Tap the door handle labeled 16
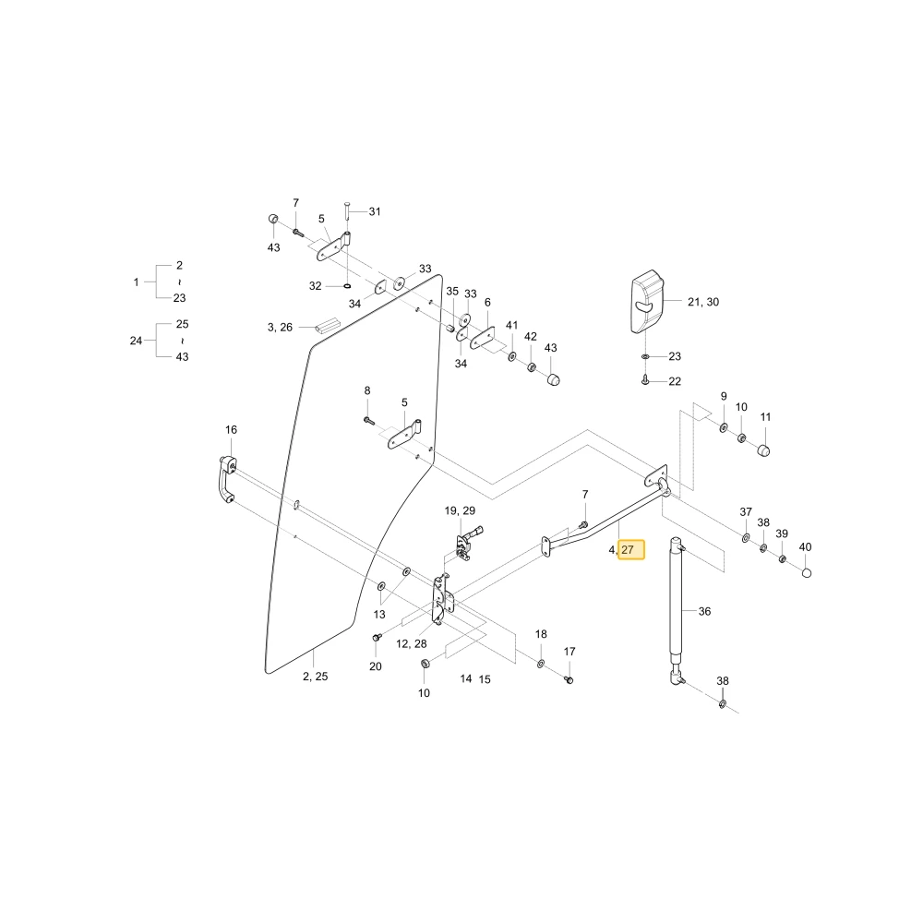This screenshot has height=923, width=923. pyautogui.click(x=227, y=479)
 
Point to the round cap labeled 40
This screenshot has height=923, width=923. pyautogui.click(x=807, y=573)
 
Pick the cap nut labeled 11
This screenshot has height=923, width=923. pyautogui.click(x=763, y=451)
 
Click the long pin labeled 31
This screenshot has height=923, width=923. pyautogui.click(x=347, y=210)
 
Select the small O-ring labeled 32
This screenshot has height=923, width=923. pyautogui.click(x=347, y=286)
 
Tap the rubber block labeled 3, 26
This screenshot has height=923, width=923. pyautogui.click(x=328, y=326)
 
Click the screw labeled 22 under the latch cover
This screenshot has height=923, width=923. pyautogui.click(x=645, y=380)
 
